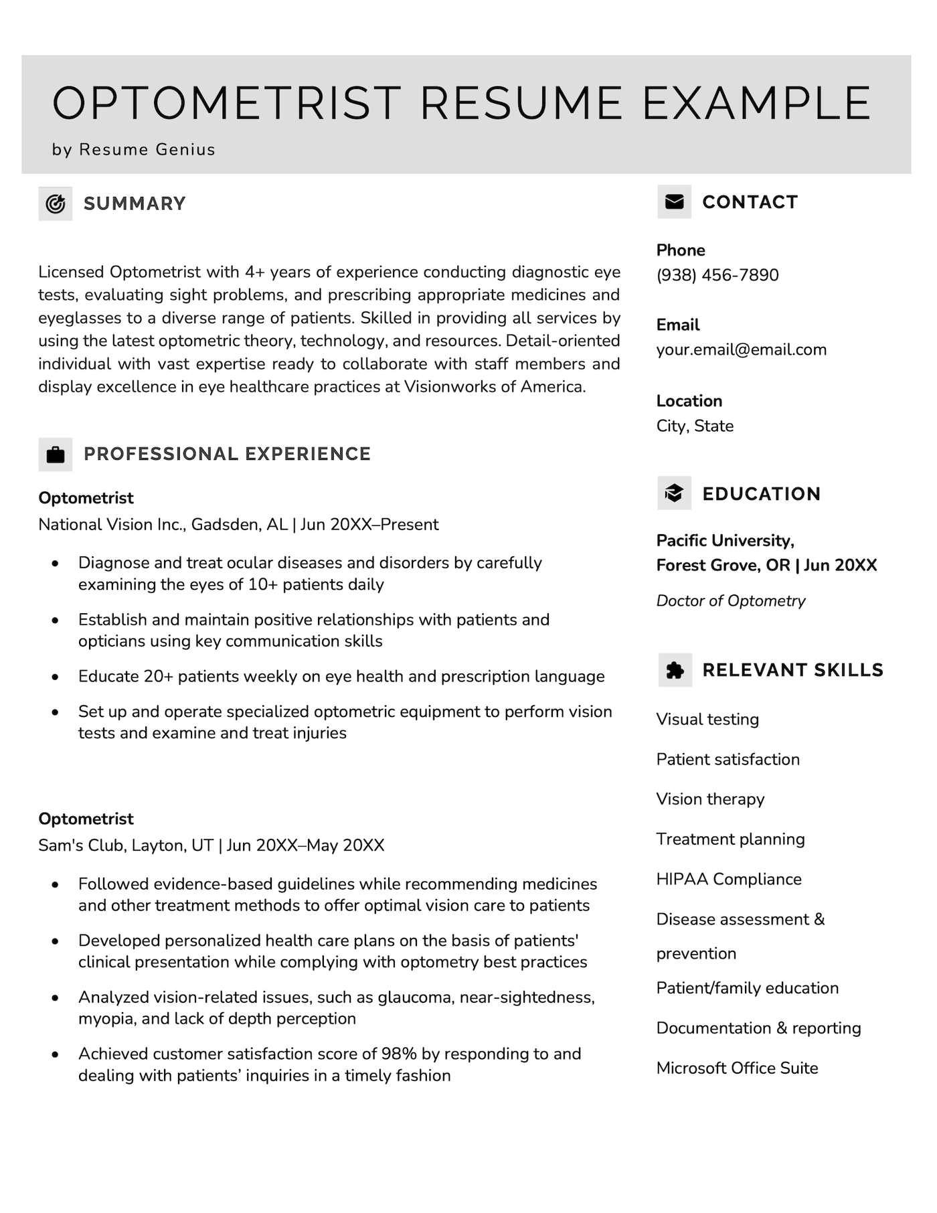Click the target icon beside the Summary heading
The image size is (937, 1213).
point(55,204)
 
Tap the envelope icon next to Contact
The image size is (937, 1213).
point(674,201)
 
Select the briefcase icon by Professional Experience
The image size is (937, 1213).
point(55,455)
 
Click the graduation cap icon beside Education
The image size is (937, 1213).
point(674,493)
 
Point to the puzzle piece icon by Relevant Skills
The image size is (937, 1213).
point(675,670)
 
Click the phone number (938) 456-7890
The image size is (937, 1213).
point(717,275)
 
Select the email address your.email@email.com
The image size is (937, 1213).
point(741,349)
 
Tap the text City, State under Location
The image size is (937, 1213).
point(694,426)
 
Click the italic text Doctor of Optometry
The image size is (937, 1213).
point(730,600)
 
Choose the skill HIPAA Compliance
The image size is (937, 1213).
point(728,879)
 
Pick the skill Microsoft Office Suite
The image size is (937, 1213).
point(737,1068)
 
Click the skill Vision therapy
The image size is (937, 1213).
point(709,799)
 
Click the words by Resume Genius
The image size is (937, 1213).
point(133,149)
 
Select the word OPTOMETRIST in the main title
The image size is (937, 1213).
point(226,104)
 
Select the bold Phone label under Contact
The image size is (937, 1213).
point(680,250)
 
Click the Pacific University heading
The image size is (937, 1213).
point(725,540)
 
